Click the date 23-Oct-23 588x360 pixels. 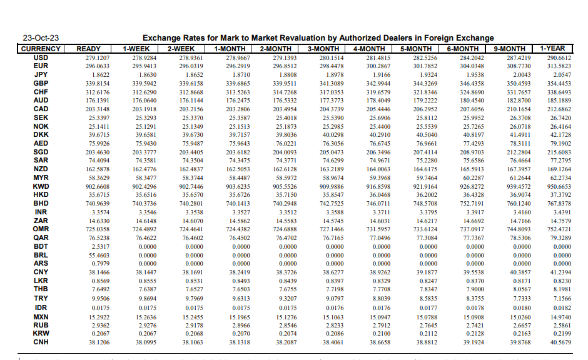41,38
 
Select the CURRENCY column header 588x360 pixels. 41,48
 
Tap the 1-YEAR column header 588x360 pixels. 552,48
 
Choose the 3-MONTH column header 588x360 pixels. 323,48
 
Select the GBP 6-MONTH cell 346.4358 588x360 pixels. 472,83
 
